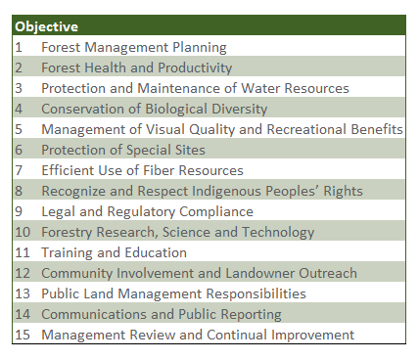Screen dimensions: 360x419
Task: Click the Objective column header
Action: (x=47, y=26)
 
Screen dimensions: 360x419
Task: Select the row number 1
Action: (x=19, y=47)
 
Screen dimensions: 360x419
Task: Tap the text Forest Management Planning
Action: (x=134, y=47)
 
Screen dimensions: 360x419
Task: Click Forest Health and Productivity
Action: (x=137, y=67)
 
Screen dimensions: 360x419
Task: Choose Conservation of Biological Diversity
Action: (x=154, y=109)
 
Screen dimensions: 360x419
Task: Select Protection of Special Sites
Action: (x=123, y=150)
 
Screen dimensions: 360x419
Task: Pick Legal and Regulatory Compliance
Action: (x=147, y=211)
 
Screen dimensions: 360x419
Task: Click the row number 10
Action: (x=23, y=232)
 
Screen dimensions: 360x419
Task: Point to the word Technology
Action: (x=280, y=232)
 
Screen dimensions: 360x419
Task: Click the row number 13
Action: (x=23, y=293)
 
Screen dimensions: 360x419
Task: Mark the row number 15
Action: (x=23, y=335)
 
